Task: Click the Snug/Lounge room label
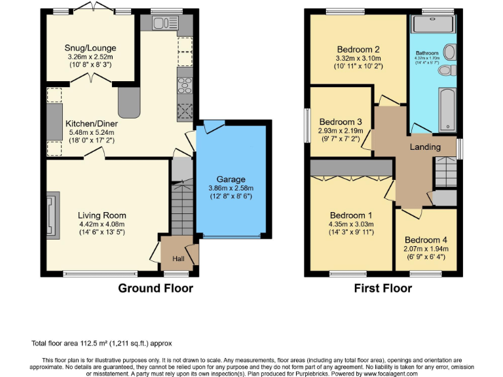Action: point(90,48)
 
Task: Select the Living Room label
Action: point(102,215)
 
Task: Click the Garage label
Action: point(231,179)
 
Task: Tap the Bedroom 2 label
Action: point(358,49)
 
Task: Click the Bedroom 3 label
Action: point(341,122)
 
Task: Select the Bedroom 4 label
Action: point(426,240)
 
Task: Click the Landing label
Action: point(425,147)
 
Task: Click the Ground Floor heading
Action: point(155,287)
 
